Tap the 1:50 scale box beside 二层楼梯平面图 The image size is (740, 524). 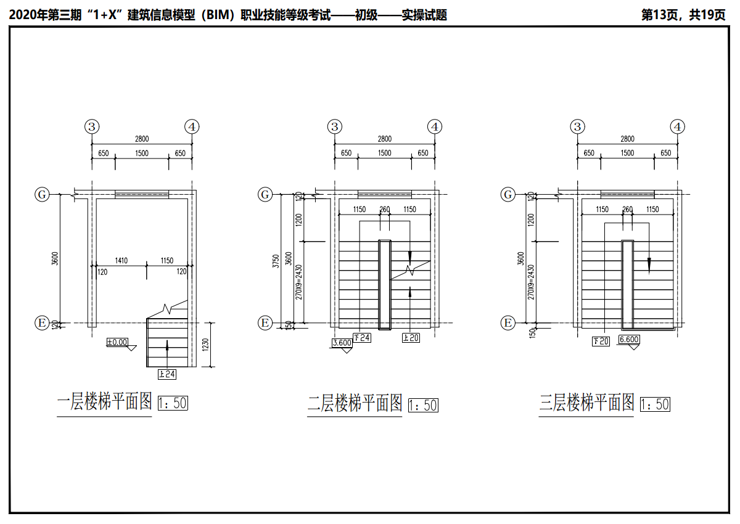click(x=423, y=405)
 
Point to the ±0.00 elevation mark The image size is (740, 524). click(x=117, y=342)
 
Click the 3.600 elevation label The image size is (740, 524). click(x=342, y=343)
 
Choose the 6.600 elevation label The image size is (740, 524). click(x=629, y=339)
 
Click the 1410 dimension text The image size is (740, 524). click(x=121, y=261)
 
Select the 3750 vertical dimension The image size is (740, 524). click(x=276, y=260)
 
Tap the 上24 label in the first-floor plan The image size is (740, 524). click(x=167, y=374)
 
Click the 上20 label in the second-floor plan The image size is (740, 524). click(x=411, y=338)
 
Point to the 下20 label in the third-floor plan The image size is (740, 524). click(x=600, y=341)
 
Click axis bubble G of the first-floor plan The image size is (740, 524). click(x=42, y=195)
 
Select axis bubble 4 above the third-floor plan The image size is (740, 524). click(x=678, y=127)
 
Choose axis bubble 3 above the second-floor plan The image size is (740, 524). click(x=335, y=127)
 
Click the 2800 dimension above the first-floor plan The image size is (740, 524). click(x=142, y=139)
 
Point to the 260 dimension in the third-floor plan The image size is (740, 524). click(x=628, y=210)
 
